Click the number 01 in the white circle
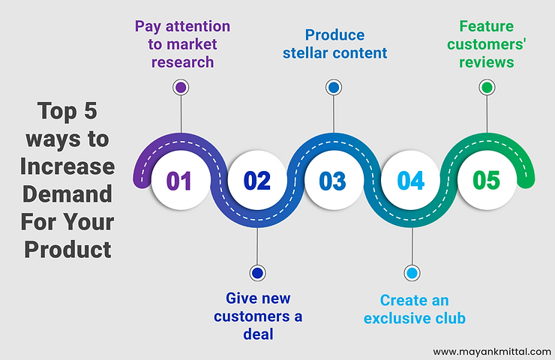(x=178, y=181)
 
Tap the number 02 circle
(x=257, y=181)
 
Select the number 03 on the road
(x=332, y=181)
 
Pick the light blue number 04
(x=410, y=181)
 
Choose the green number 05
(x=486, y=180)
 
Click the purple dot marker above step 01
(x=181, y=88)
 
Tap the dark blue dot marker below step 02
(x=257, y=273)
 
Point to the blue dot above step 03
(x=334, y=88)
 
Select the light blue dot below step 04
(x=412, y=273)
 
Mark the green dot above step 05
(x=487, y=88)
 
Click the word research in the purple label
(x=183, y=62)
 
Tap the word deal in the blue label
(x=259, y=334)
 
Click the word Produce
(x=334, y=35)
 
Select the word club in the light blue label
(x=450, y=318)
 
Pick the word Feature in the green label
(x=486, y=26)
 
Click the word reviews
(x=487, y=63)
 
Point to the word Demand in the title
(x=67, y=194)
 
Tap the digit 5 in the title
(x=90, y=111)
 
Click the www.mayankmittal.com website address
(x=492, y=352)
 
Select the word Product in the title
(x=67, y=250)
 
